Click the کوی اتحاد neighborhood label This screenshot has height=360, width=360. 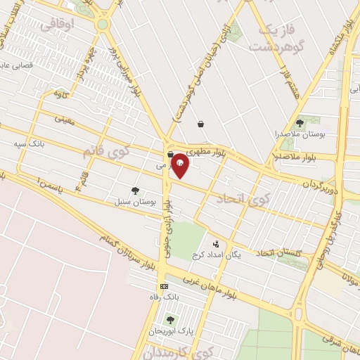point(250,199)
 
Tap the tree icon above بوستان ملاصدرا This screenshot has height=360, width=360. point(300,123)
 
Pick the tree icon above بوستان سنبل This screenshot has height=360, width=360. point(134,190)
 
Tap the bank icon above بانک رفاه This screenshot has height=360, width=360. point(164,286)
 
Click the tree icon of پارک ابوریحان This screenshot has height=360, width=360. point(169,320)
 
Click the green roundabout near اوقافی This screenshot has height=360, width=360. point(103,25)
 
